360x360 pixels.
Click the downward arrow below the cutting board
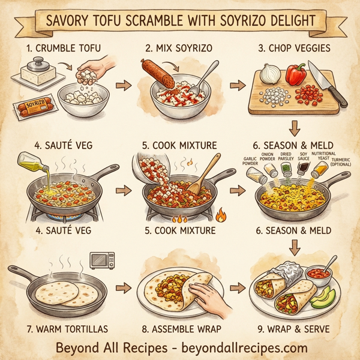294,128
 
